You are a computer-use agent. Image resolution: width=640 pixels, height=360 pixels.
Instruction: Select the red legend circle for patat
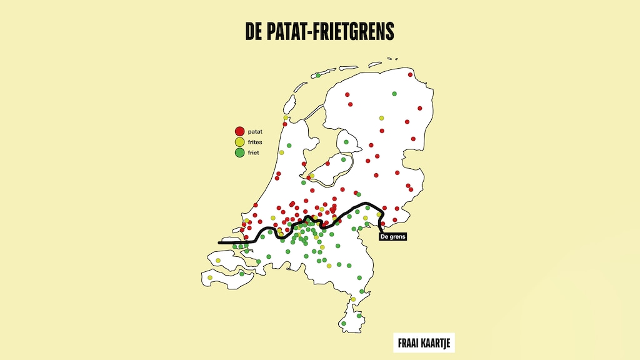[239, 132]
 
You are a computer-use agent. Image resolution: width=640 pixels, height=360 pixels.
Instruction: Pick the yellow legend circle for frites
[239, 142]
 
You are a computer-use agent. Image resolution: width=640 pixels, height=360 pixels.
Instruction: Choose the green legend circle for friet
[239, 152]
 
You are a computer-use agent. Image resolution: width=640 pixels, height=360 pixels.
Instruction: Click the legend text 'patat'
[256, 132]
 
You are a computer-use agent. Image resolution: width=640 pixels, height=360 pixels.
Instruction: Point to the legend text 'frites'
[256, 142]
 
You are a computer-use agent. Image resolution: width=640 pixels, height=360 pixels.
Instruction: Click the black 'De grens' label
[392, 237]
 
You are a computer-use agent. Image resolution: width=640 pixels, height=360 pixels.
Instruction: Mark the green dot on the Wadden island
[318, 76]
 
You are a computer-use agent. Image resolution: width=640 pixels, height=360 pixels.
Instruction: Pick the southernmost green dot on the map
[344, 324]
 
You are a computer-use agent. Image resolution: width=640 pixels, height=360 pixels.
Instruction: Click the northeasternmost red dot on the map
[411, 74]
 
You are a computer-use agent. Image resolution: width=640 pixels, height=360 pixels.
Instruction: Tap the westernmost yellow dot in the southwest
[210, 277]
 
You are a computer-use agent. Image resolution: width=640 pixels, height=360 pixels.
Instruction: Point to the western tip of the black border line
[219, 242]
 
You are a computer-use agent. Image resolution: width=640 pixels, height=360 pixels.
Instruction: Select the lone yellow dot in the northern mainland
[381, 118]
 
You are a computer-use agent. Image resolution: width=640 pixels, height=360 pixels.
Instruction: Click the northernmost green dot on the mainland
[394, 94]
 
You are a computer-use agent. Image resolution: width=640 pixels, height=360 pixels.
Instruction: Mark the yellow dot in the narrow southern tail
[353, 299]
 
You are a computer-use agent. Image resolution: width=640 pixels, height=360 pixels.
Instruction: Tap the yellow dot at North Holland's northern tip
[286, 117]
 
